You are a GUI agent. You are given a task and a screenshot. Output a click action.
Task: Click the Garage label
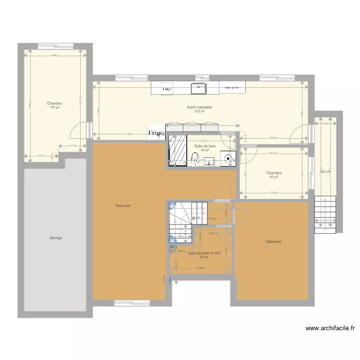(55, 238)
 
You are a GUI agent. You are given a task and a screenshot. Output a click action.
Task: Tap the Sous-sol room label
(122, 205)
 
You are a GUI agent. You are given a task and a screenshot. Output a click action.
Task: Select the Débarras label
(273, 242)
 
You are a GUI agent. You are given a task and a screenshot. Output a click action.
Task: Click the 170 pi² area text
(54, 108)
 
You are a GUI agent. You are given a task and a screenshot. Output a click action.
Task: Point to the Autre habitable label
(199, 107)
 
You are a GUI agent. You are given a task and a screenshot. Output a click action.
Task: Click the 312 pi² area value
(199, 111)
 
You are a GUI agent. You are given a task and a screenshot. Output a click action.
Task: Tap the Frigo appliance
(156, 132)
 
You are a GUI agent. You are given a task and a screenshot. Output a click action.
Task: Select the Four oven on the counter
(167, 89)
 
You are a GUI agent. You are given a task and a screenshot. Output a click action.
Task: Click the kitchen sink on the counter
(198, 88)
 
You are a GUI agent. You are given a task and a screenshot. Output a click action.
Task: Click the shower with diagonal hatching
(177, 150)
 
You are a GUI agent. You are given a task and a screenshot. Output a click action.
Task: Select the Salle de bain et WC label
(204, 253)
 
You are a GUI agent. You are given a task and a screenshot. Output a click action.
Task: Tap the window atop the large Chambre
(56, 46)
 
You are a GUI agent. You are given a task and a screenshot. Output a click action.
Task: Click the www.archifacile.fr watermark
(330, 329)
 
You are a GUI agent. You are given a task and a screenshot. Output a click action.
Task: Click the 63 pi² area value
(204, 257)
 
